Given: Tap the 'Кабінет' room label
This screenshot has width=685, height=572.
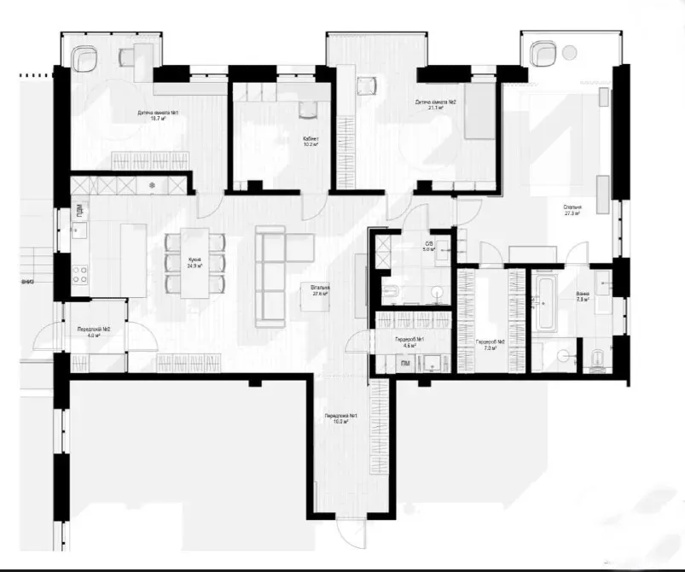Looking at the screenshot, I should pos(311,141).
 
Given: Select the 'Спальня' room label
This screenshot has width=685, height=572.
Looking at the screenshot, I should pos(572,210).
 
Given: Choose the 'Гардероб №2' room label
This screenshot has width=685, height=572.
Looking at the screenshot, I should pos(491,345).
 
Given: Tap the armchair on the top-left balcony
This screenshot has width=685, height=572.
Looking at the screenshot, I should pos(85,59).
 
